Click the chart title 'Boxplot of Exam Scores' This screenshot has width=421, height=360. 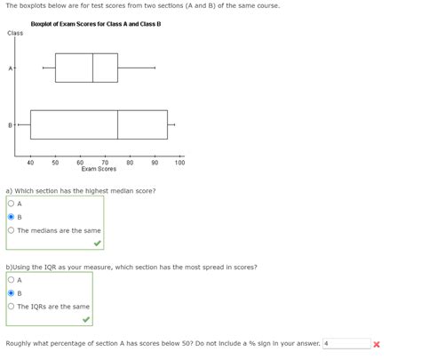pyautogui.click(x=95, y=24)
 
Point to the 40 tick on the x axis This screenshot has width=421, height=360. pyautogui.click(x=30, y=162)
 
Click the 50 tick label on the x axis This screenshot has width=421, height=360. pyautogui.click(x=55, y=162)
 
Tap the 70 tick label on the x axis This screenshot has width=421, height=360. pyautogui.click(x=105, y=162)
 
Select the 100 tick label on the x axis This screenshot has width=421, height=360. pyautogui.click(x=179, y=162)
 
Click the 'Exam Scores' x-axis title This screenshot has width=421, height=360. pyautogui.click(x=99, y=169)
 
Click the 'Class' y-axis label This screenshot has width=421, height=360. pyautogui.click(x=15, y=34)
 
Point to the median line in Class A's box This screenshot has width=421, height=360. pyautogui.click(x=92, y=68)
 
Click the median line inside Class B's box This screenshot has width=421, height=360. pyautogui.click(x=117, y=124)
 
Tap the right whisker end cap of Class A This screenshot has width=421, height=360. pyautogui.click(x=155, y=68)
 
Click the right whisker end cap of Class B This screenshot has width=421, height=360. pyautogui.click(x=175, y=124)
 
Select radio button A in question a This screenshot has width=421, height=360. pyautogui.click(x=11, y=204)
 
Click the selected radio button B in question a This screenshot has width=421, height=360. pyautogui.click(x=11, y=217)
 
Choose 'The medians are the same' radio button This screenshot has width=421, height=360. pyautogui.click(x=11, y=230)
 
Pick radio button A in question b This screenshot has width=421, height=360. pyautogui.click(x=11, y=280)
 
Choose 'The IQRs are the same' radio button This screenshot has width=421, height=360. pyautogui.click(x=11, y=307)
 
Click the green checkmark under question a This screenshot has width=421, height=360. pyautogui.click(x=97, y=243)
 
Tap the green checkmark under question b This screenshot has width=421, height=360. pyautogui.click(x=85, y=319)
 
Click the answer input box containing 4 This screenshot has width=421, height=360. pyautogui.click(x=346, y=344)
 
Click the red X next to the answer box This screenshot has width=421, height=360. pyautogui.click(x=377, y=344)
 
